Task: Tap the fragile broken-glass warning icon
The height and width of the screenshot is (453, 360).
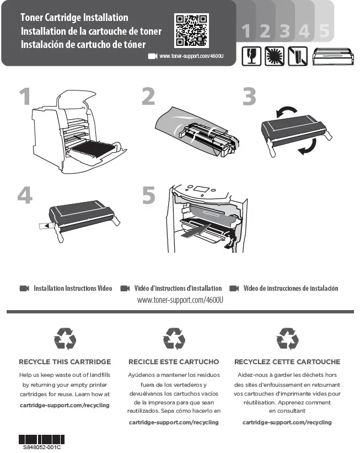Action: pos(251,56)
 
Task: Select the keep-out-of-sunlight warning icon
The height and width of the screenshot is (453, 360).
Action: pos(274,56)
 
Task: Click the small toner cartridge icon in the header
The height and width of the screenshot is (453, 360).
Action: pos(333,56)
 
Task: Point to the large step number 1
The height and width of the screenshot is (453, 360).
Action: pos(25,96)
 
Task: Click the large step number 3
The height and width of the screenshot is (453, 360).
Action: pos(249,96)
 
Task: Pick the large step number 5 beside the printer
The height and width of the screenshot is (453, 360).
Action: pos(149,195)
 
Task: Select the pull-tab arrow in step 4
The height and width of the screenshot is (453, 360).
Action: pos(46,225)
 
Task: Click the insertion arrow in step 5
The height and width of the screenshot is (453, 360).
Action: pos(195,231)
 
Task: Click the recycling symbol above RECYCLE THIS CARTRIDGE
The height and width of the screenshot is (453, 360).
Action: pos(65,339)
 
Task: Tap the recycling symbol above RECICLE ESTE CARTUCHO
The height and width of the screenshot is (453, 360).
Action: pos(174,339)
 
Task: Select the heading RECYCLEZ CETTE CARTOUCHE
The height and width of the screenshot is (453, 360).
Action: pos(287,362)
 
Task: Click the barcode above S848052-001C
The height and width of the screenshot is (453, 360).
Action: pos(41,439)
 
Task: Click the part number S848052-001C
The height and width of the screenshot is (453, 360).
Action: pos(42,447)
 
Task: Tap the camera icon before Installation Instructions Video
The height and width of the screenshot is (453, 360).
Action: pos(24,289)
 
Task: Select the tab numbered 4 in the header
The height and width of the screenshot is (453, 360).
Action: pos(304,30)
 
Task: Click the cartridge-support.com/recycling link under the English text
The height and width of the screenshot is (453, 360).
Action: pos(65,406)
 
